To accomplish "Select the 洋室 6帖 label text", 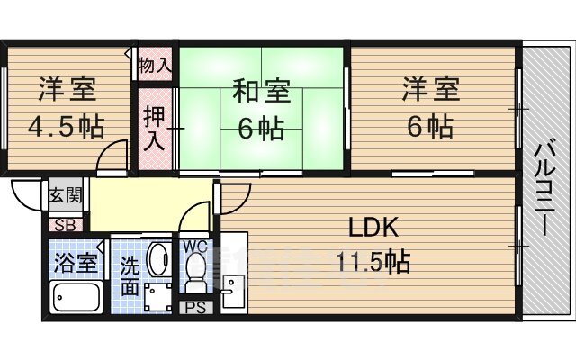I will (x=430, y=107).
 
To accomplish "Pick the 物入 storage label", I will (x=155, y=65).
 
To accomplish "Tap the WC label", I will (x=195, y=246).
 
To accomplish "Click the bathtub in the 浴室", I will (x=76, y=296).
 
